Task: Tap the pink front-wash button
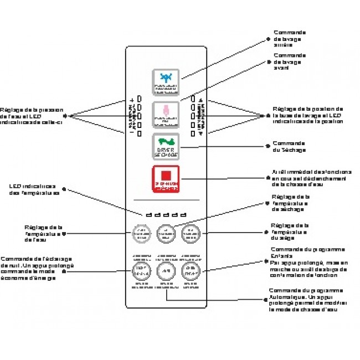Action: click(166, 115)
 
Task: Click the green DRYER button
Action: click(166, 147)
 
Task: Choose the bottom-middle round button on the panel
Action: click(166, 271)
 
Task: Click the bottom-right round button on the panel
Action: click(190, 271)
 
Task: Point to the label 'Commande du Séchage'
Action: click(289, 146)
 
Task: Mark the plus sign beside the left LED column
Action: click(132, 100)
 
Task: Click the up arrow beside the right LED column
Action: click(200, 100)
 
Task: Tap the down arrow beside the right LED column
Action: click(200, 133)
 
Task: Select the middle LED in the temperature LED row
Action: click(165, 215)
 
